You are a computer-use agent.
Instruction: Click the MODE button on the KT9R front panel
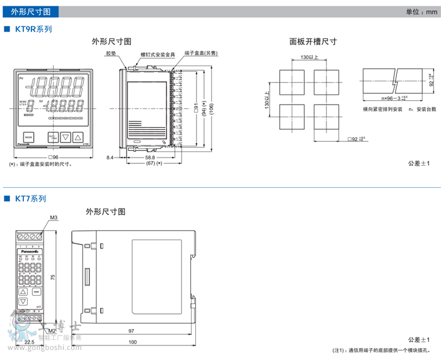point(28,136)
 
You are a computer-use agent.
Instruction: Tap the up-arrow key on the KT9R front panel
point(78,136)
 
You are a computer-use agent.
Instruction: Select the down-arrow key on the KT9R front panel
point(66,136)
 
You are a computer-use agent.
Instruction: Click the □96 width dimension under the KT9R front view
point(53,157)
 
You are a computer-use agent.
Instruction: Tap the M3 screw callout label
point(54,218)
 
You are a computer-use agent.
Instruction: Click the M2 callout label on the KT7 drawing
point(52,330)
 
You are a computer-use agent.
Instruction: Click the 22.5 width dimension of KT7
point(29,342)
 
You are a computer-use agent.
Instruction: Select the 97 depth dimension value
point(131,331)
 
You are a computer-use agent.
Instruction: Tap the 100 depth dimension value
point(132,342)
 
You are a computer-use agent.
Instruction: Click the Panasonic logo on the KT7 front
point(31,251)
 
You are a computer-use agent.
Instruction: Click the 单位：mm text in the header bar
point(420,12)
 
